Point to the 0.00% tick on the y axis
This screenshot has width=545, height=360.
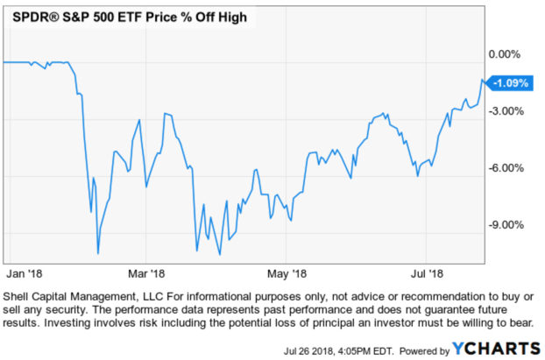tap(504, 54)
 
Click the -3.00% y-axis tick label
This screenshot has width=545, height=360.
tap(506, 111)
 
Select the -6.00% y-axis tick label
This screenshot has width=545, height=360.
tap(506, 168)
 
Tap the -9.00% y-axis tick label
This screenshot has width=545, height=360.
tap(506, 225)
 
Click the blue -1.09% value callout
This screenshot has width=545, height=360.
tap(509, 84)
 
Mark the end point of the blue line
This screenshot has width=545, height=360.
tap(483, 81)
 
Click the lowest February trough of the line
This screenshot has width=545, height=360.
tap(97, 253)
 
